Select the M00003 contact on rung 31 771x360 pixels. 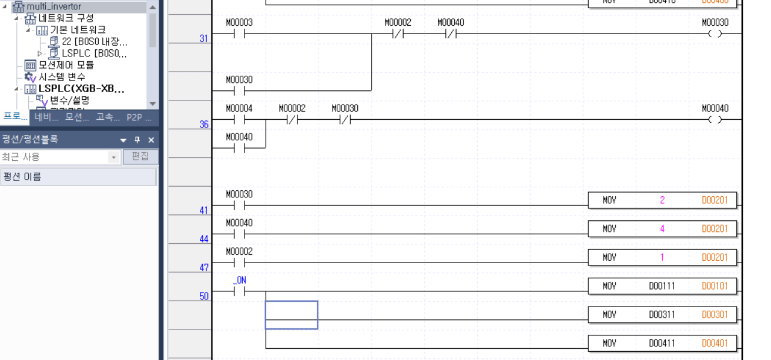coord(239,34)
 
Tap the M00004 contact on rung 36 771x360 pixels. coord(239,120)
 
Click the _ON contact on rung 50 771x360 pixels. coord(239,291)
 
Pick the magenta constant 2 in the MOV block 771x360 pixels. coord(662,200)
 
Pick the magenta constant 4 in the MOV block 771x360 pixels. coord(662,229)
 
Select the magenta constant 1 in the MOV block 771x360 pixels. coord(662,257)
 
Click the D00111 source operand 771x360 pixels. coord(662,286)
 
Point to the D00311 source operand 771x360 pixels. coord(662,315)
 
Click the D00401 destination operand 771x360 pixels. coord(715,343)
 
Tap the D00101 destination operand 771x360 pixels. coord(715,286)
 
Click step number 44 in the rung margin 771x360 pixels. coord(204,239)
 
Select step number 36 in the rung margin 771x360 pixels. coord(204,125)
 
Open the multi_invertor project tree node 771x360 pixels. coord(53,6)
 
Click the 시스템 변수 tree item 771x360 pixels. coord(62,77)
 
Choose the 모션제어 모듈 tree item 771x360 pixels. coord(66,65)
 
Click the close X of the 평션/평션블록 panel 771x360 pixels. coord(151,140)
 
